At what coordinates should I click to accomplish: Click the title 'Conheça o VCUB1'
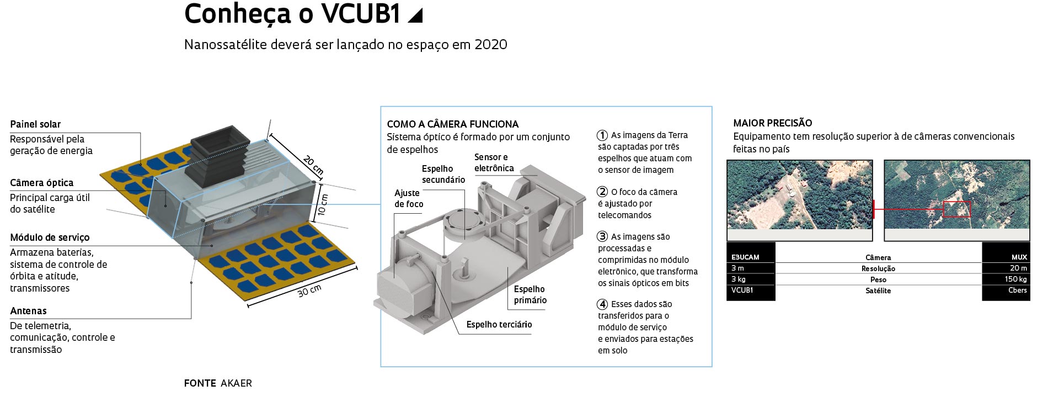[x=292, y=14]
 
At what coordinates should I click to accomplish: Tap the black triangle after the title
[x=415, y=15]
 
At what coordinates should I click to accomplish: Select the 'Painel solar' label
[x=35, y=124]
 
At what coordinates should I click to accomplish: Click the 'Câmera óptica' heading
[x=41, y=183]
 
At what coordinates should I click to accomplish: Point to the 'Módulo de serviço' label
[x=50, y=237]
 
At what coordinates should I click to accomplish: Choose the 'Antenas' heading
[x=28, y=311]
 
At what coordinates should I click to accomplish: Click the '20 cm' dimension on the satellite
[x=313, y=165]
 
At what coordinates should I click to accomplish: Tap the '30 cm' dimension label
[x=309, y=291]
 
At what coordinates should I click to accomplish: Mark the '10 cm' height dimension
[x=323, y=204]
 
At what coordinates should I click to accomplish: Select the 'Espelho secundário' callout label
[x=443, y=174]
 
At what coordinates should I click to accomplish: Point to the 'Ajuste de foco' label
[x=409, y=198]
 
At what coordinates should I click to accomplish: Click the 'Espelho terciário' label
[x=499, y=325]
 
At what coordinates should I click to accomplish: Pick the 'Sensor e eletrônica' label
[x=494, y=162]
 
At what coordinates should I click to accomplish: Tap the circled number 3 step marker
[x=602, y=236]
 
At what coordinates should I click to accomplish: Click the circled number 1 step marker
[x=602, y=135]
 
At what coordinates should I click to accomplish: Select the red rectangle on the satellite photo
[x=956, y=209]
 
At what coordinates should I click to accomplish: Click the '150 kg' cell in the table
[x=1015, y=279]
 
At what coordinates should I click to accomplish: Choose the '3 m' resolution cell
[x=738, y=268]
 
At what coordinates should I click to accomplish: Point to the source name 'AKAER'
[x=236, y=383]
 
